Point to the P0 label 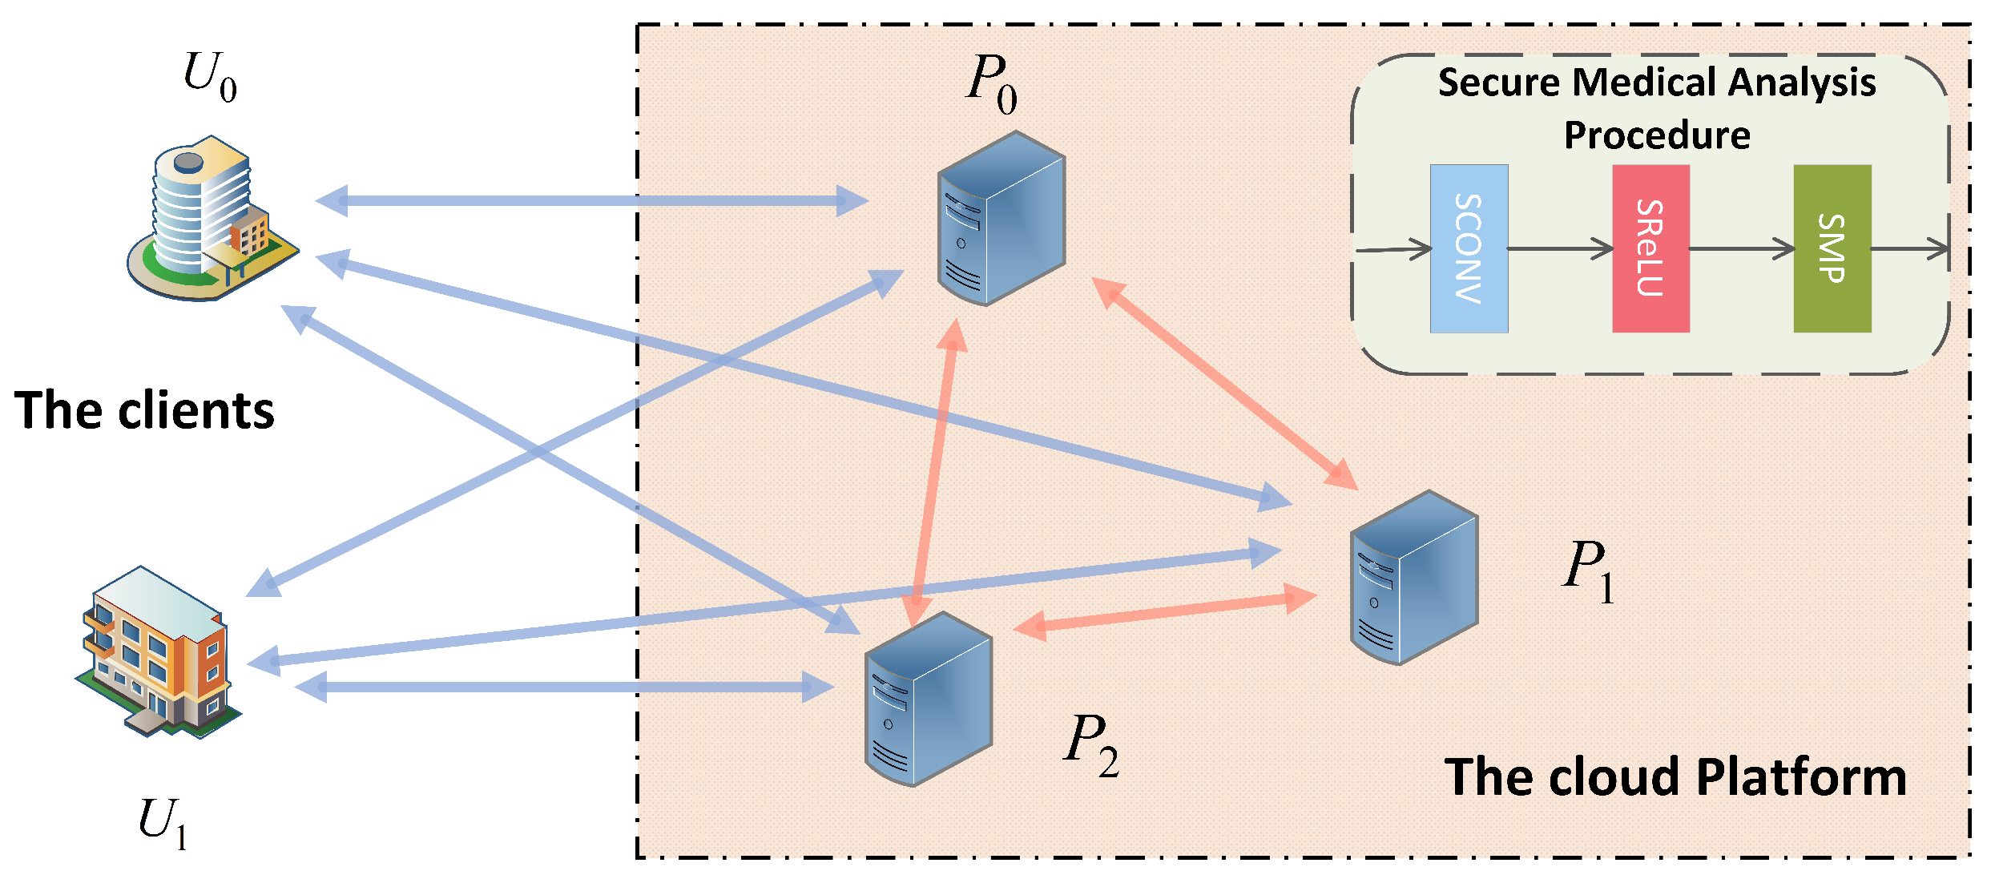[991, 83]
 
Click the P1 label [1588, 570]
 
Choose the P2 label [1091, 744]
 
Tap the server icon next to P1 [1413, 578]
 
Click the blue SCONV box [1469, 248]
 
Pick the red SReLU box [1650, 248]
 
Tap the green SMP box [1832, 248]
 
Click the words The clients [145, 411]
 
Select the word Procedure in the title [1657, 135]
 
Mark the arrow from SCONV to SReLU [1559, 248]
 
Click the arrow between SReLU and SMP [1741, 248]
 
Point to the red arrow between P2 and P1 [1165, 611]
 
